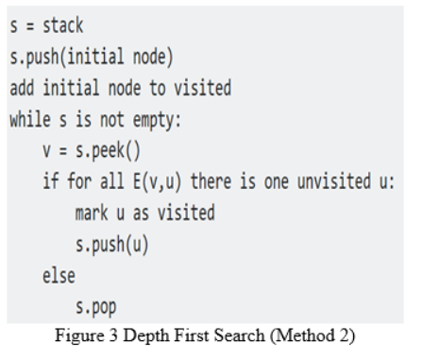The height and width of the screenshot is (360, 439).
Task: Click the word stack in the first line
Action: tap(61, 26)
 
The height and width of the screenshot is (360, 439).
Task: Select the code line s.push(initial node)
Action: tap(91, 57)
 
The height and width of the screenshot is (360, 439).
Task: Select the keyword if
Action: tap(50, 181)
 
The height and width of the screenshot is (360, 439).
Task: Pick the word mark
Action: tap(92, 214)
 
